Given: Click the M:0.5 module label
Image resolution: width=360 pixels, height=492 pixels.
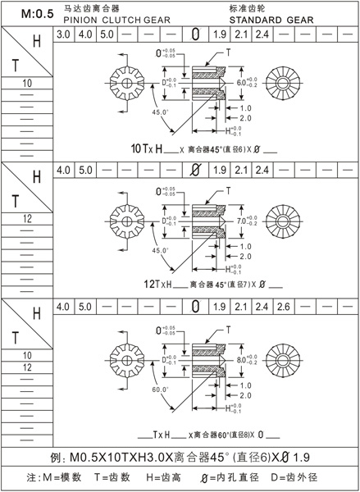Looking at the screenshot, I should pos(27,14).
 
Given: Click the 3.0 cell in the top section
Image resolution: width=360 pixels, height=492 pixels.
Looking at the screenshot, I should pos(63,35).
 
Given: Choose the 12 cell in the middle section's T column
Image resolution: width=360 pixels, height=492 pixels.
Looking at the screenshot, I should pos(26,219).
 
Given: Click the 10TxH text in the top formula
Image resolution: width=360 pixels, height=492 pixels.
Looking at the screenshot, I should pos(150,149).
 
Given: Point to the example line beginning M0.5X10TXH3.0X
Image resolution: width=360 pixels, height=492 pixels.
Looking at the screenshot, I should pos(180,455).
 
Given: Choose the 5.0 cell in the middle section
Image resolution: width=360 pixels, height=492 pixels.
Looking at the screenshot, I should pos(84,170).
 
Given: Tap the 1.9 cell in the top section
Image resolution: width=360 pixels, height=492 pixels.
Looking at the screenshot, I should pos(218,35).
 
